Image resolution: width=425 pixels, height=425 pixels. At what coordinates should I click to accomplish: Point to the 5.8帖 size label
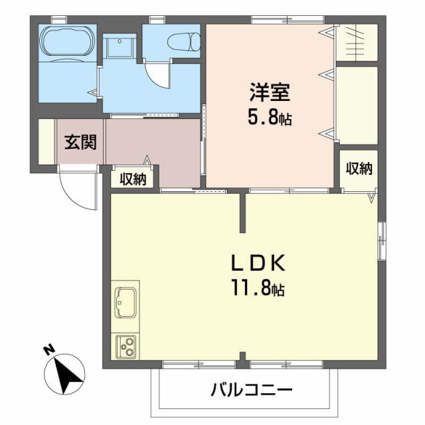pyautogui.click(x=268, y=119)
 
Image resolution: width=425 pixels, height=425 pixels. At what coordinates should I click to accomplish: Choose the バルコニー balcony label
pyautogui.click(x=252, y=389)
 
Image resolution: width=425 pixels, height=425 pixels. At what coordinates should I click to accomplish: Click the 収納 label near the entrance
pyautogui.click(x=133, y=178)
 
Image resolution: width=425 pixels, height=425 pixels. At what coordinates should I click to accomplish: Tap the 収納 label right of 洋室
pyautogui.click(x=359, y=169)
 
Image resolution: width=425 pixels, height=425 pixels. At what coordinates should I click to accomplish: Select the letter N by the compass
pyautogui.click(x=48, y=348)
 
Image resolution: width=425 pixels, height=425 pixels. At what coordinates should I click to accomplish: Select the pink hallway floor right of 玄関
pyautogui.click(x=153, y=149)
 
